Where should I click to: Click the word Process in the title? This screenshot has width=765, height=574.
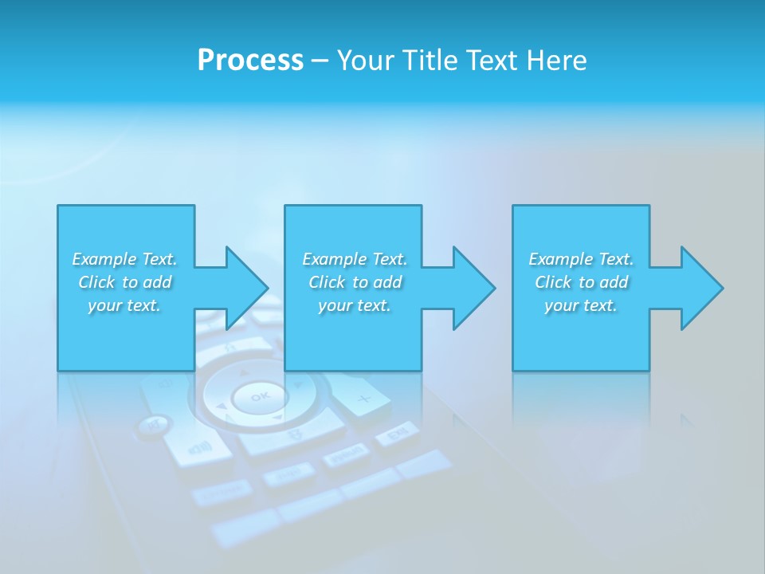point(250,61)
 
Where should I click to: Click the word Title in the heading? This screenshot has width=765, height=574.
point(427,61)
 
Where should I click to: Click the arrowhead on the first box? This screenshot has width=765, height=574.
point(244,288)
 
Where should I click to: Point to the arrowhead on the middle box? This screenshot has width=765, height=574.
point(472,288)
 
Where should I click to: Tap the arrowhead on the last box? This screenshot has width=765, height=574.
point(700,288)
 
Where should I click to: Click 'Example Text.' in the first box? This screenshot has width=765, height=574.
point(124,259)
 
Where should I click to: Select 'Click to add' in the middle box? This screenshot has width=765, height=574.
point(355,282)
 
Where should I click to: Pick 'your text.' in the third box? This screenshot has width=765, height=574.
point(581,305)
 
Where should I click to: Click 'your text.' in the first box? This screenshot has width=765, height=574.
point(124,305)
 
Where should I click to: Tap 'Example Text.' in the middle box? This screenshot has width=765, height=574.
point(355,259)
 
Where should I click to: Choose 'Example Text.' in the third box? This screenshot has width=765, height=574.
point(581,259)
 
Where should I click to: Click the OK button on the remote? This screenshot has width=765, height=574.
point(260,396)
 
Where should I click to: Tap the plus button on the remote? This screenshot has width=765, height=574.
point(363,399)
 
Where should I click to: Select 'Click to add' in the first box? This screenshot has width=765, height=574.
point(124,282)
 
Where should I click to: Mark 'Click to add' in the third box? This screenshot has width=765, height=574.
point(581,282)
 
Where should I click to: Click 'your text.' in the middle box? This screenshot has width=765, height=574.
point(355,305)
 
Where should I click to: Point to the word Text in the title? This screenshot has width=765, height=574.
point(490,61)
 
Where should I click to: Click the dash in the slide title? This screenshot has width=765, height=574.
point(320,61)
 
